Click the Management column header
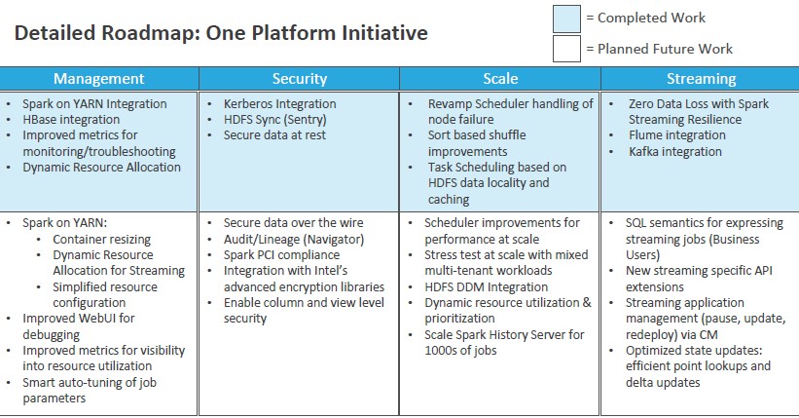click(x=99, y=79)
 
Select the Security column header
click(x=299, y=79)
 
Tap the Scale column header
click(x=500, y=79)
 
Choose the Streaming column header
click(x=701, y=79)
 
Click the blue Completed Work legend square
click(x=566, y=19)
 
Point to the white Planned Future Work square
click(x=566, y=49)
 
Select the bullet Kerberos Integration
click(x=279, y=103)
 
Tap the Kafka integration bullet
click(x=675, y=152)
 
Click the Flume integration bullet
click(x=676, y=135)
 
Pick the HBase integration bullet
click(x=71, y=120)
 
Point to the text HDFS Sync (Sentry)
click(x=275, y=120)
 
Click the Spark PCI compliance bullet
click(x=281, y=254)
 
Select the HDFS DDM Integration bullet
click(x=487, y=286)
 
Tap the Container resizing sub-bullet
click(x=102, y=240)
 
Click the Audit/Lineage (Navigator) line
click(x=294, y=239)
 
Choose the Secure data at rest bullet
click(x=274, y=135)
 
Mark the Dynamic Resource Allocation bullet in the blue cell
click(x=101, y=168)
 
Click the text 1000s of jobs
click(x=460, y=351)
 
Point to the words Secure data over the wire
click(x=294, y=223)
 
